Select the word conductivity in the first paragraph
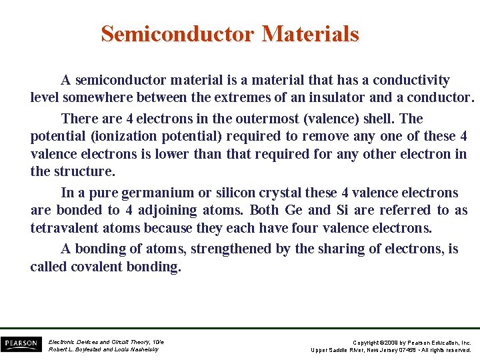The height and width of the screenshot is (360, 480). tap(411, 80)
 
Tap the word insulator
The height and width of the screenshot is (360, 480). tap(331, 97)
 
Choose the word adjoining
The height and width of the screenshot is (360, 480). tap(175, 210)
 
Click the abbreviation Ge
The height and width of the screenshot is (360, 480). tap(293, 210)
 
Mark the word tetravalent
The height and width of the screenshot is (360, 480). tap(66, 228)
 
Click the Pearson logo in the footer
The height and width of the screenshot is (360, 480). tap(21, 344)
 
